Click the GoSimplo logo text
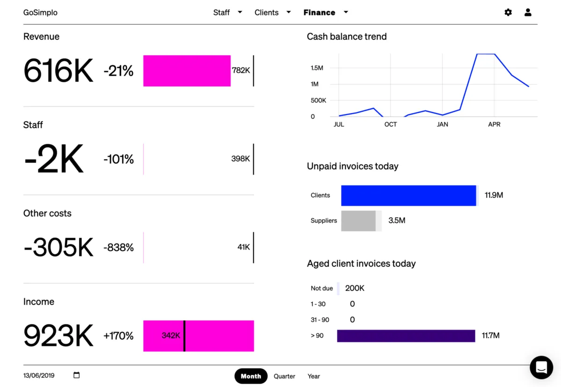pyautogui.click(x=40, y=13)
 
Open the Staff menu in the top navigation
pyautogui.click(x=227, y=13)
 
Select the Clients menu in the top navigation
pyautogui.click(x=273, y=13)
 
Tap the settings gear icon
pyautogui.click(x=508, y=13)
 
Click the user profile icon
pyautogui.click(x=528, y=13)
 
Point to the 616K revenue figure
pyautogui.click(x=58, y=71)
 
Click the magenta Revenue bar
pyautogui.click(x=187, y=71)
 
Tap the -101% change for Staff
pyautogui.click(x=119, y=159)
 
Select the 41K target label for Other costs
pyautogui.click(x=244, y=247)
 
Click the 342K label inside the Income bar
pyautogui.click(x=171, y=336)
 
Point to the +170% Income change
pyautogui.click(x=119, y=336)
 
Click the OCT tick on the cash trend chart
pyautogui.click(x=390, y=124)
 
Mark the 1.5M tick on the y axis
pyautogui.click(x=316, y=68)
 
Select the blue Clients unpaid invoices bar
pyautogui.click(x=408, y=195)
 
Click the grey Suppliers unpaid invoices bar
pyautogui.click(x=359, y=221)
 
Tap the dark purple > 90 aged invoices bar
pyautogui.click(x=406, y=336)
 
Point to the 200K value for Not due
pyautogui.click(x=354, y=288)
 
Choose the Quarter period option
pyautogui.click(x=284, y=376)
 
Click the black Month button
pyautogui.click(x=251, y=376)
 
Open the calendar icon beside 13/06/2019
pyautogui.click(x=77, y=375)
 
